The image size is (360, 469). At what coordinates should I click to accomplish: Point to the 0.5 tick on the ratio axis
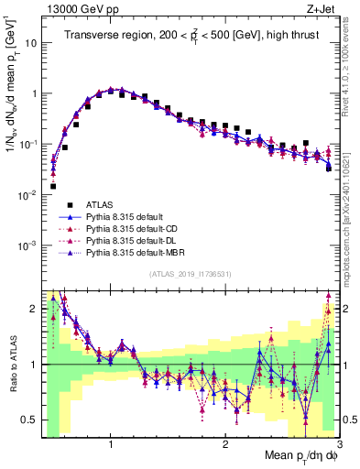pos(31,420)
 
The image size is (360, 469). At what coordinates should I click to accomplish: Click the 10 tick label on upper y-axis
pos(29,43)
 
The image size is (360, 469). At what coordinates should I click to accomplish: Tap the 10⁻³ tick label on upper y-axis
pos(27,245)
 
